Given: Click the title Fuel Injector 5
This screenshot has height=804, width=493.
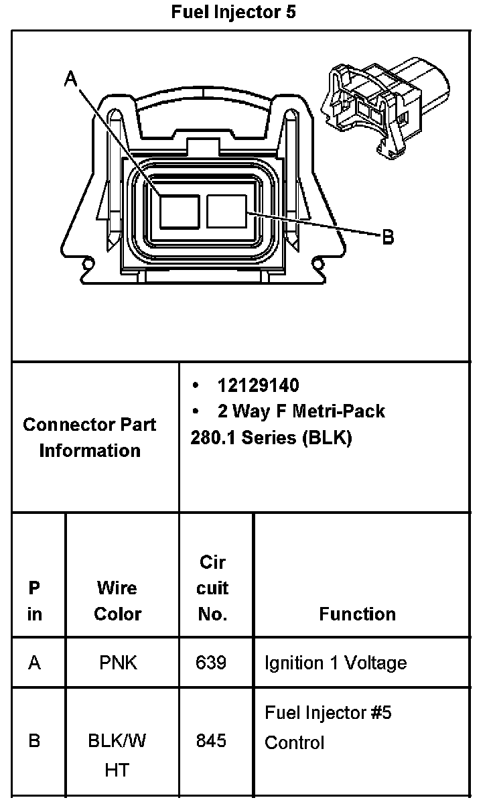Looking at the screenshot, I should point(233,12).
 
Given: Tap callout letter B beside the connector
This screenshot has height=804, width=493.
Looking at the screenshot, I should point(387,237).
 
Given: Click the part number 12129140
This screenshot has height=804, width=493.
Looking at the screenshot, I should point(258,385).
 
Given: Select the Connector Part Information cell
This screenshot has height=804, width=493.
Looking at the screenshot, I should point(90,437).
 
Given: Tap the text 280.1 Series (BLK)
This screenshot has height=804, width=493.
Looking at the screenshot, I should point(271,438).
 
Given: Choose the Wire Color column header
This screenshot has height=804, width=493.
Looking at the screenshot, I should point(117,600).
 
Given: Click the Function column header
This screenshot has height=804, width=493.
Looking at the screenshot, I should point(357,614).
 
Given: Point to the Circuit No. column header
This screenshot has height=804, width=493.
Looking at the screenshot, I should point(213,588).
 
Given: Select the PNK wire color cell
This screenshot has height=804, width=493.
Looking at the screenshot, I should point(117,663).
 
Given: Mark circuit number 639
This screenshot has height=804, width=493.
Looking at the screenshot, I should point(211,663).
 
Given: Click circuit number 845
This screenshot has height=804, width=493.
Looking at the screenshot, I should point(211,740).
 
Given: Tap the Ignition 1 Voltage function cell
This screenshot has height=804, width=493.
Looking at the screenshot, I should point(335,663).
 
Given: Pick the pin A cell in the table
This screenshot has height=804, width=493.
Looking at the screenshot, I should point(35,663).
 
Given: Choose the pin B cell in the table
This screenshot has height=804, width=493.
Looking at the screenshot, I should point(35,740).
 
